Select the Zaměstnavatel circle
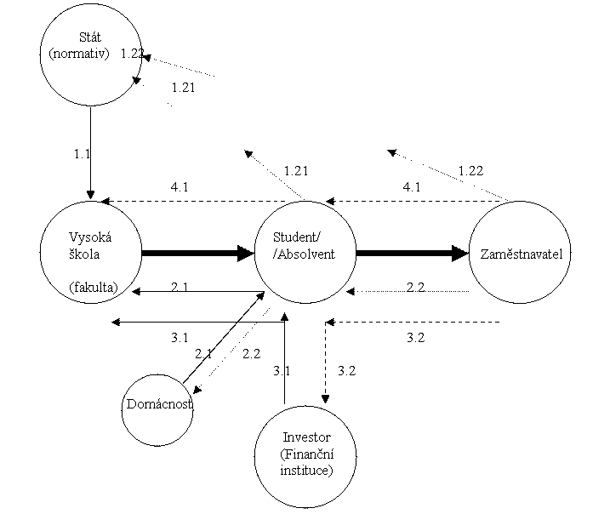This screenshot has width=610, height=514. tap(522, 254)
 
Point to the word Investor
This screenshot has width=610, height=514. tap(306, 437)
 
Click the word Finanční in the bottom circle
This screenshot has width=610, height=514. tap(307, 454)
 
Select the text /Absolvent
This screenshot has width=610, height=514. tap(305, 254)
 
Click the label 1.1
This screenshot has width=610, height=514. tap(82, 154)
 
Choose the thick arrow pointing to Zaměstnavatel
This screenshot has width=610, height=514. tap(412, 253)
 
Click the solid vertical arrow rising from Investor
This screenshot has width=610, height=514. tap(285, 357)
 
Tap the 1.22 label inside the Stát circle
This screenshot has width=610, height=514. tap(131, 53)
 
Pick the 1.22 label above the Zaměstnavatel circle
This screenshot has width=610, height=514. tap(470, 170)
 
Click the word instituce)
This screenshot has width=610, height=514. tap(306, 470)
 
